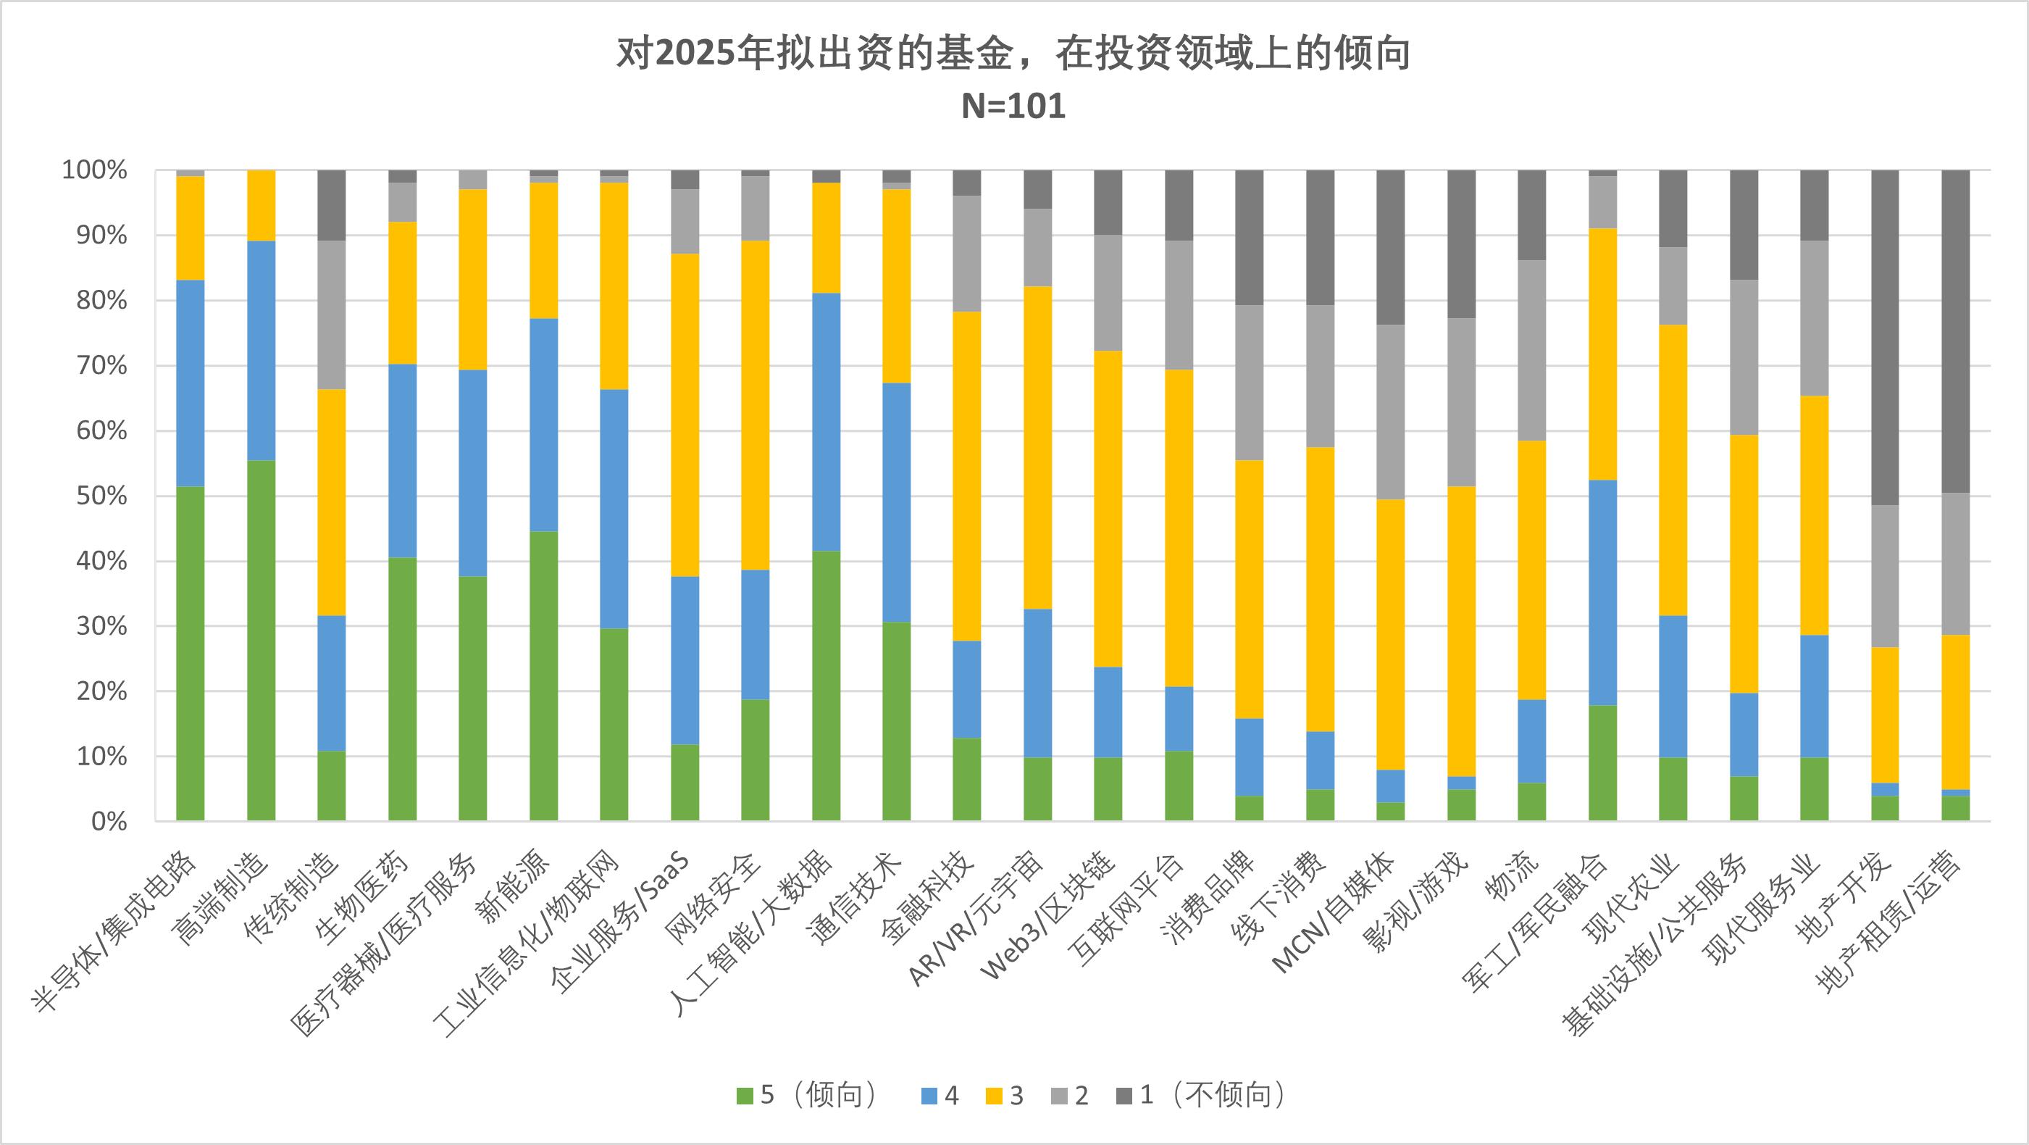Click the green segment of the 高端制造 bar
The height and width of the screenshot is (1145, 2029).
262,640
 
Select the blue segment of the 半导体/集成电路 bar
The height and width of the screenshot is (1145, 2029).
191,383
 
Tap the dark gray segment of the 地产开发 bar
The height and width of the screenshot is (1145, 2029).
1885,337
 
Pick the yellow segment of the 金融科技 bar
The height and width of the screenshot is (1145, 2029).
967,476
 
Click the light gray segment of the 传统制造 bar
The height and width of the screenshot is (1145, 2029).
332,315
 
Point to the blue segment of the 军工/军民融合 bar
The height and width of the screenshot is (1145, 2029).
1603,592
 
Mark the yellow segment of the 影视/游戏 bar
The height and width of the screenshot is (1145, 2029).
1462,630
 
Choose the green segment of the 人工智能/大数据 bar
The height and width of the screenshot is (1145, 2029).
827,686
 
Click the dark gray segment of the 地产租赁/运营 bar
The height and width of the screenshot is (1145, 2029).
1956,331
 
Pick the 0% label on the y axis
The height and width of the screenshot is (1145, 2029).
109,821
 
